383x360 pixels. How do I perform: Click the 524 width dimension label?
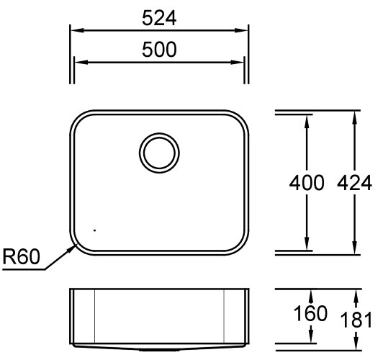159,18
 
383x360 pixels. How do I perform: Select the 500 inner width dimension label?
159,50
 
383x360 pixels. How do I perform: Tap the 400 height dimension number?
307,182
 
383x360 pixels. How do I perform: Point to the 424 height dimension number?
355,182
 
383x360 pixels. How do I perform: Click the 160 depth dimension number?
310,313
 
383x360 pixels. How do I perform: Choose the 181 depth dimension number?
356,320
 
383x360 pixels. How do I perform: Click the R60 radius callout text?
21,256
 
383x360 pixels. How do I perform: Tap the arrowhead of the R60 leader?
73,248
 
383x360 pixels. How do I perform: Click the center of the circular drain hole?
159,153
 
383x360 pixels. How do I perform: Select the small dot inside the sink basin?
94,230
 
